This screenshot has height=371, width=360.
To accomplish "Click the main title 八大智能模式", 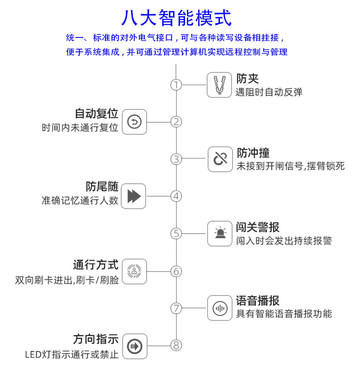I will click(x=177, y=18).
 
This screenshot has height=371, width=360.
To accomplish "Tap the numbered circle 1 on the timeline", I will click(x=176, y=85).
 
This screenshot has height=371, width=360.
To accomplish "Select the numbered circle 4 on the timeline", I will click(x=176, y=196).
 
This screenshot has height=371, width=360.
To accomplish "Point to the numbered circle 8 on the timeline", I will click(x=176, y=345).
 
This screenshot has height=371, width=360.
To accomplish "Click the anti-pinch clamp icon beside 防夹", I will click(x=219, y=85).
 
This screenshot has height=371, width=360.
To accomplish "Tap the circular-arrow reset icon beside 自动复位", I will click(x=134, y=122).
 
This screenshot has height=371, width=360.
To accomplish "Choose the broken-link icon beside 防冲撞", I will click(x=220, y=159).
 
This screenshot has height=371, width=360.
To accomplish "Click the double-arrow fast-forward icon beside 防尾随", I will click(x=134, y=196).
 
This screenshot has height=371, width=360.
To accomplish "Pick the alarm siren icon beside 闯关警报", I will click(x=220, y=234).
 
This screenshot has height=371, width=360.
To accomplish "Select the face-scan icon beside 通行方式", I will click(x=134, y=271).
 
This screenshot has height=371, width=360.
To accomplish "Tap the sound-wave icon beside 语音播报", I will click(x=220, y=308).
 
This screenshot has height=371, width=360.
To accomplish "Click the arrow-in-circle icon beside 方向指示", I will click(x=135, y=345).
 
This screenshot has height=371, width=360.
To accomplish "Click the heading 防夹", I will click(x=247, y=79).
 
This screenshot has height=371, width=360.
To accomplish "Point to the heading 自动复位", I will click(x=96, y=114).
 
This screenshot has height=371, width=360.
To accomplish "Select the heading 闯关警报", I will click(x=258, y=227).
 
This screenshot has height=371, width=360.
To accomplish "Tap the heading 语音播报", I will click(x=258, y=301).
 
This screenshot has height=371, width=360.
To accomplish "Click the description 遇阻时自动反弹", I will click(x=269, y=92).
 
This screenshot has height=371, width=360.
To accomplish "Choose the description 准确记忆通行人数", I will click(x=80, y=201).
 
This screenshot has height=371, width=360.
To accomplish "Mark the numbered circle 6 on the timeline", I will click(x=176, y=271).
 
